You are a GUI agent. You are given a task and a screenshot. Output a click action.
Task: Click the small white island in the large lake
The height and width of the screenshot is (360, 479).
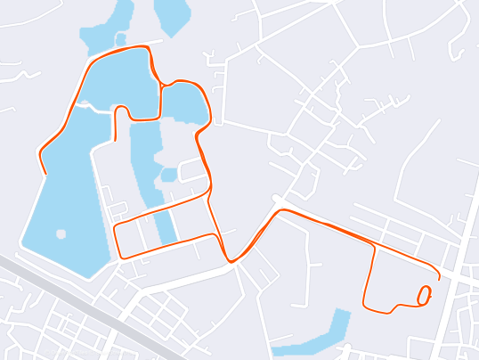(x=61, y=234)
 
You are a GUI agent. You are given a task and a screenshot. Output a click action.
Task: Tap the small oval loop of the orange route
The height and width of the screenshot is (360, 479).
(x=425, y=294)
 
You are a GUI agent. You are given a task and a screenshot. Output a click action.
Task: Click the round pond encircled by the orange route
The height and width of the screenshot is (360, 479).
(x=185, y=102)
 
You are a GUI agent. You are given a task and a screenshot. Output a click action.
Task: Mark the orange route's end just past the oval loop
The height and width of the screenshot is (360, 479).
(x=439, y=278)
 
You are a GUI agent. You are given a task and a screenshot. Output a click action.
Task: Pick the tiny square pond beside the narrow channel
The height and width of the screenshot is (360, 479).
(x=168, y=175)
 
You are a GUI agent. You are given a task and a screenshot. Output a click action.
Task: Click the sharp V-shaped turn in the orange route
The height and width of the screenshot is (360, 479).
(x=231, y=260)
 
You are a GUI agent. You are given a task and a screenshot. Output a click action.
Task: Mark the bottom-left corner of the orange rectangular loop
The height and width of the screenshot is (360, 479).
(x=120, y=257)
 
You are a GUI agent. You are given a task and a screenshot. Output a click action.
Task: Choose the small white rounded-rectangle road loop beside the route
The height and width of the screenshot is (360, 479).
(x=192, y=170)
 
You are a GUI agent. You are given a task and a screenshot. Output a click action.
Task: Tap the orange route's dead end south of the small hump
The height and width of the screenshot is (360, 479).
(x=116, y=140)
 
